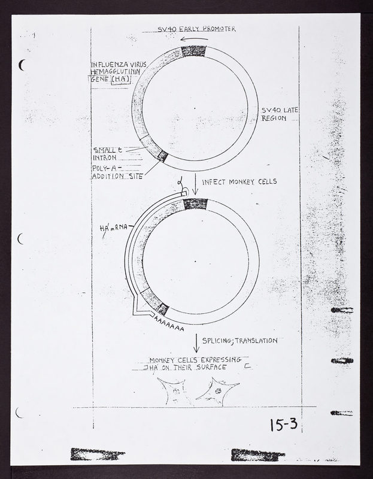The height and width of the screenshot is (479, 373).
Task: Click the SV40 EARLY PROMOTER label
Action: click(x=196, y=29)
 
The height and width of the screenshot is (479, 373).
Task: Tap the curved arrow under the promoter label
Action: click(x=195, y=39)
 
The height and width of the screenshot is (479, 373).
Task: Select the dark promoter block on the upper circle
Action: click(x=193, y=51)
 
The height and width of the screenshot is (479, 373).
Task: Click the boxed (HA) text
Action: click(x=121, y=80)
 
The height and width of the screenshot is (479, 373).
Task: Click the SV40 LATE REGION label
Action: click(x=280, y=114)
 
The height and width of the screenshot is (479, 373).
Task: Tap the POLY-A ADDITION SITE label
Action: click(x=117, y=172)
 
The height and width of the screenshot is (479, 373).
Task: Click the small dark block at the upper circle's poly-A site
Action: click(x=162, y=156)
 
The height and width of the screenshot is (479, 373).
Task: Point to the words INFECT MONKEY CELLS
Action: click(x=239, y=181)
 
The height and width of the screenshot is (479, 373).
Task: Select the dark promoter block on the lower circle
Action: click(x=196, y=204)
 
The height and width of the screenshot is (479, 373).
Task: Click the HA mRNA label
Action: click(x=113, y=228)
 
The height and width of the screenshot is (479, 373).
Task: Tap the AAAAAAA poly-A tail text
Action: click(x=169, y=324)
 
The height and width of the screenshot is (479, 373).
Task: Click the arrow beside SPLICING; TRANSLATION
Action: click(x=196, y=344)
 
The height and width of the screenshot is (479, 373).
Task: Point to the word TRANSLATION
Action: click(x=256, y=341)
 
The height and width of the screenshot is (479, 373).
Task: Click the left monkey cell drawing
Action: click(x=174, y=392)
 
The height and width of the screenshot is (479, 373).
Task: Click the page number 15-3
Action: click(x=284, y=425)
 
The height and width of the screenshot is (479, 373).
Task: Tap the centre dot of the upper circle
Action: click(x=195, y=108)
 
